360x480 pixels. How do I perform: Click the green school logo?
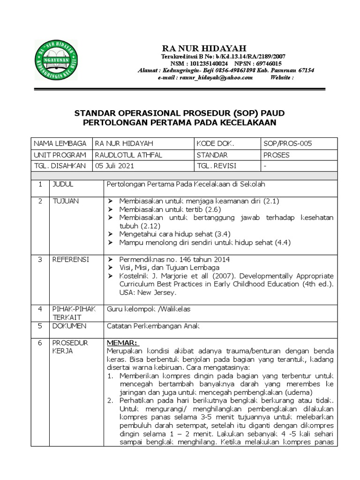pyautogui.click(x=56, y=60)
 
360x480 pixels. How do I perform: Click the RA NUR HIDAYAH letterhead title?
pyautogui.click(x=203, y=48)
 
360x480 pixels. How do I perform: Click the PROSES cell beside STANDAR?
pyautogui.click(x=277, y=155)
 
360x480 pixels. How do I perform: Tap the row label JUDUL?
pyautogui.click(x=63, y=184)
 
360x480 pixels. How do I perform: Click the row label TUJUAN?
pyautogui.click(x=66, y=201)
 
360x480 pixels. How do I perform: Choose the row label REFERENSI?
pyautogui.click(x=70, y=259)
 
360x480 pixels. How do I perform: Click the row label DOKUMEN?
pyautogui.click(x=69, y=325)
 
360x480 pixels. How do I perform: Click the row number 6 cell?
pyautogui.click(x=40, y=343)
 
